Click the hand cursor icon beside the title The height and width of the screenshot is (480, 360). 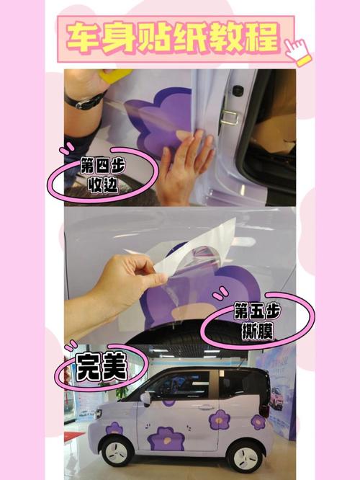(297, 51)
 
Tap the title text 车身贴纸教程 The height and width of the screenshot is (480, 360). (174, 38)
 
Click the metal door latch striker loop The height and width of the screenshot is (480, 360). (229, 117)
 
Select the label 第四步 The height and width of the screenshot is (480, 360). (102, 166)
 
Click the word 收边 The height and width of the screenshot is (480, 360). (103, 185)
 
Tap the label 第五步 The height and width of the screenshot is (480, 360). (257, 311)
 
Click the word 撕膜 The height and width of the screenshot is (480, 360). (257, 331)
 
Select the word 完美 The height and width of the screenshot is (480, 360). (101, 366)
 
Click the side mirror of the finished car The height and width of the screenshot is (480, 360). (145, 398)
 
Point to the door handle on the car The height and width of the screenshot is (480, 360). (204, 407)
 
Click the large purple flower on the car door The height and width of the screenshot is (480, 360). (166, 438)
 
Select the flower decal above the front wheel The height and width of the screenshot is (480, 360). (114, 428)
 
